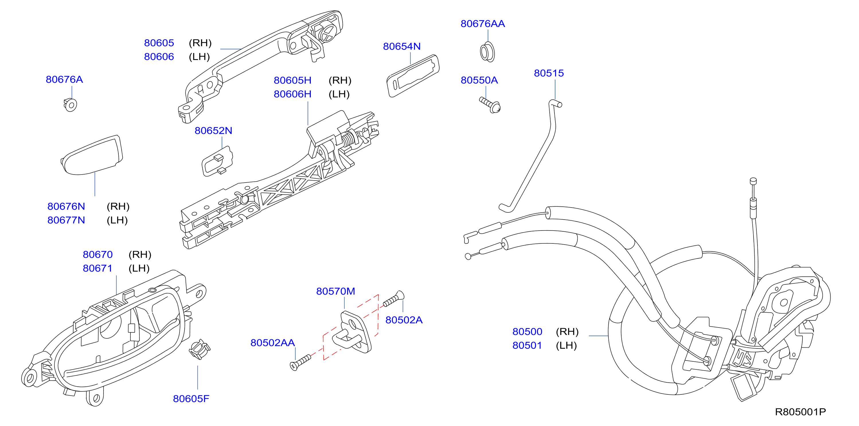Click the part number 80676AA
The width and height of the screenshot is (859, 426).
483,24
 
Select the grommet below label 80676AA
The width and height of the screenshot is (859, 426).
487,52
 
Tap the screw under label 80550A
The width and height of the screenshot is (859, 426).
490,105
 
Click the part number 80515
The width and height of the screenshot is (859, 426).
548,73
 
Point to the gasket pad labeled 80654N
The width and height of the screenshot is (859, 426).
413,76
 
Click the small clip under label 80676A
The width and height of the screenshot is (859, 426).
70,105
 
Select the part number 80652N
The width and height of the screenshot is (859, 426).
213,131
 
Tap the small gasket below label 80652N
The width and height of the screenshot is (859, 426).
217,162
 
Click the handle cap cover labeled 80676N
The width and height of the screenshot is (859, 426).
92,155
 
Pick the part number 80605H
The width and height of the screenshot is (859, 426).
292,80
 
